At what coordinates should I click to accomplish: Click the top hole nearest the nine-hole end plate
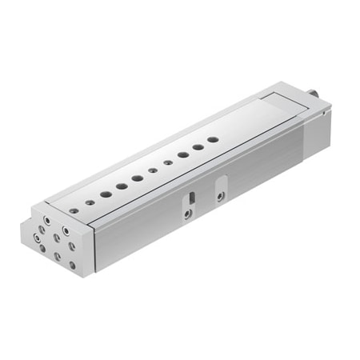(74, 210)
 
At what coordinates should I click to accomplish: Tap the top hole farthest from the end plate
(213, 138)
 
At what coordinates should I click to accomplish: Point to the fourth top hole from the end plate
(122, 186)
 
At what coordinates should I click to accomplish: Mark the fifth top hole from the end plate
(138, 178)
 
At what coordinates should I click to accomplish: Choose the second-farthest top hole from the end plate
(198, 146)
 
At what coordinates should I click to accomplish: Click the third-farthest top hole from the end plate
(183, 154)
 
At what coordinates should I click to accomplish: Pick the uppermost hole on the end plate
(47, 217)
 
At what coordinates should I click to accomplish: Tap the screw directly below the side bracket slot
(186, 214)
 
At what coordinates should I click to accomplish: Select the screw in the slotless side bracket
(220, 196)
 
